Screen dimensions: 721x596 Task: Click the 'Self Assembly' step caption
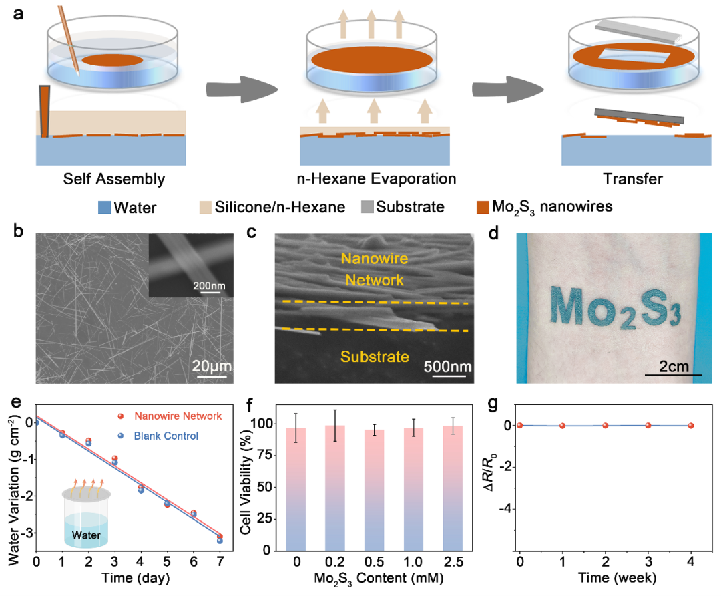(x=114, y=179)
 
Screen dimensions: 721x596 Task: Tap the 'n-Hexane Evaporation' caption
(x=376, y=178)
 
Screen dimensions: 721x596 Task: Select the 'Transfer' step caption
(x=633, y=179)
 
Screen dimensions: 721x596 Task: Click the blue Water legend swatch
(x=104, y=208)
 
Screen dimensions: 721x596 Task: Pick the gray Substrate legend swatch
(x=367, y=207)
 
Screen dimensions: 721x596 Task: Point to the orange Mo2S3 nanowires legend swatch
(x=483, y=207)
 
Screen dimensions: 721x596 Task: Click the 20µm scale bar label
(x=212, y=366)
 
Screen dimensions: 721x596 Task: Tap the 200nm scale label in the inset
(x=209, y=286)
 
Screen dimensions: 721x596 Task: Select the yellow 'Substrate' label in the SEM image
(x=375, y=357)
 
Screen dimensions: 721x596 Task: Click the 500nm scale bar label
(x=447, y=366)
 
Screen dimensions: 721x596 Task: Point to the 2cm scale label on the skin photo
(x=674, y=366)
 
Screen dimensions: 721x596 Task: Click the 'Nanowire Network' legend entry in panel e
(x=178, y=416)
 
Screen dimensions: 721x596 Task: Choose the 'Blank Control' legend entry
(x=166, y=436)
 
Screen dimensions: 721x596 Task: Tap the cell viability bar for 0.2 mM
(x=334, y=488)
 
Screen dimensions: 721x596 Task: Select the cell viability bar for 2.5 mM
(x=453, y=488)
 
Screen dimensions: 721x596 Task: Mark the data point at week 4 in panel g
(x=691, y=426)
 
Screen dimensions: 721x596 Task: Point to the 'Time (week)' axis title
(x=617, y=577)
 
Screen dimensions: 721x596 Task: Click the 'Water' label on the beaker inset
(x=86, y=535)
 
